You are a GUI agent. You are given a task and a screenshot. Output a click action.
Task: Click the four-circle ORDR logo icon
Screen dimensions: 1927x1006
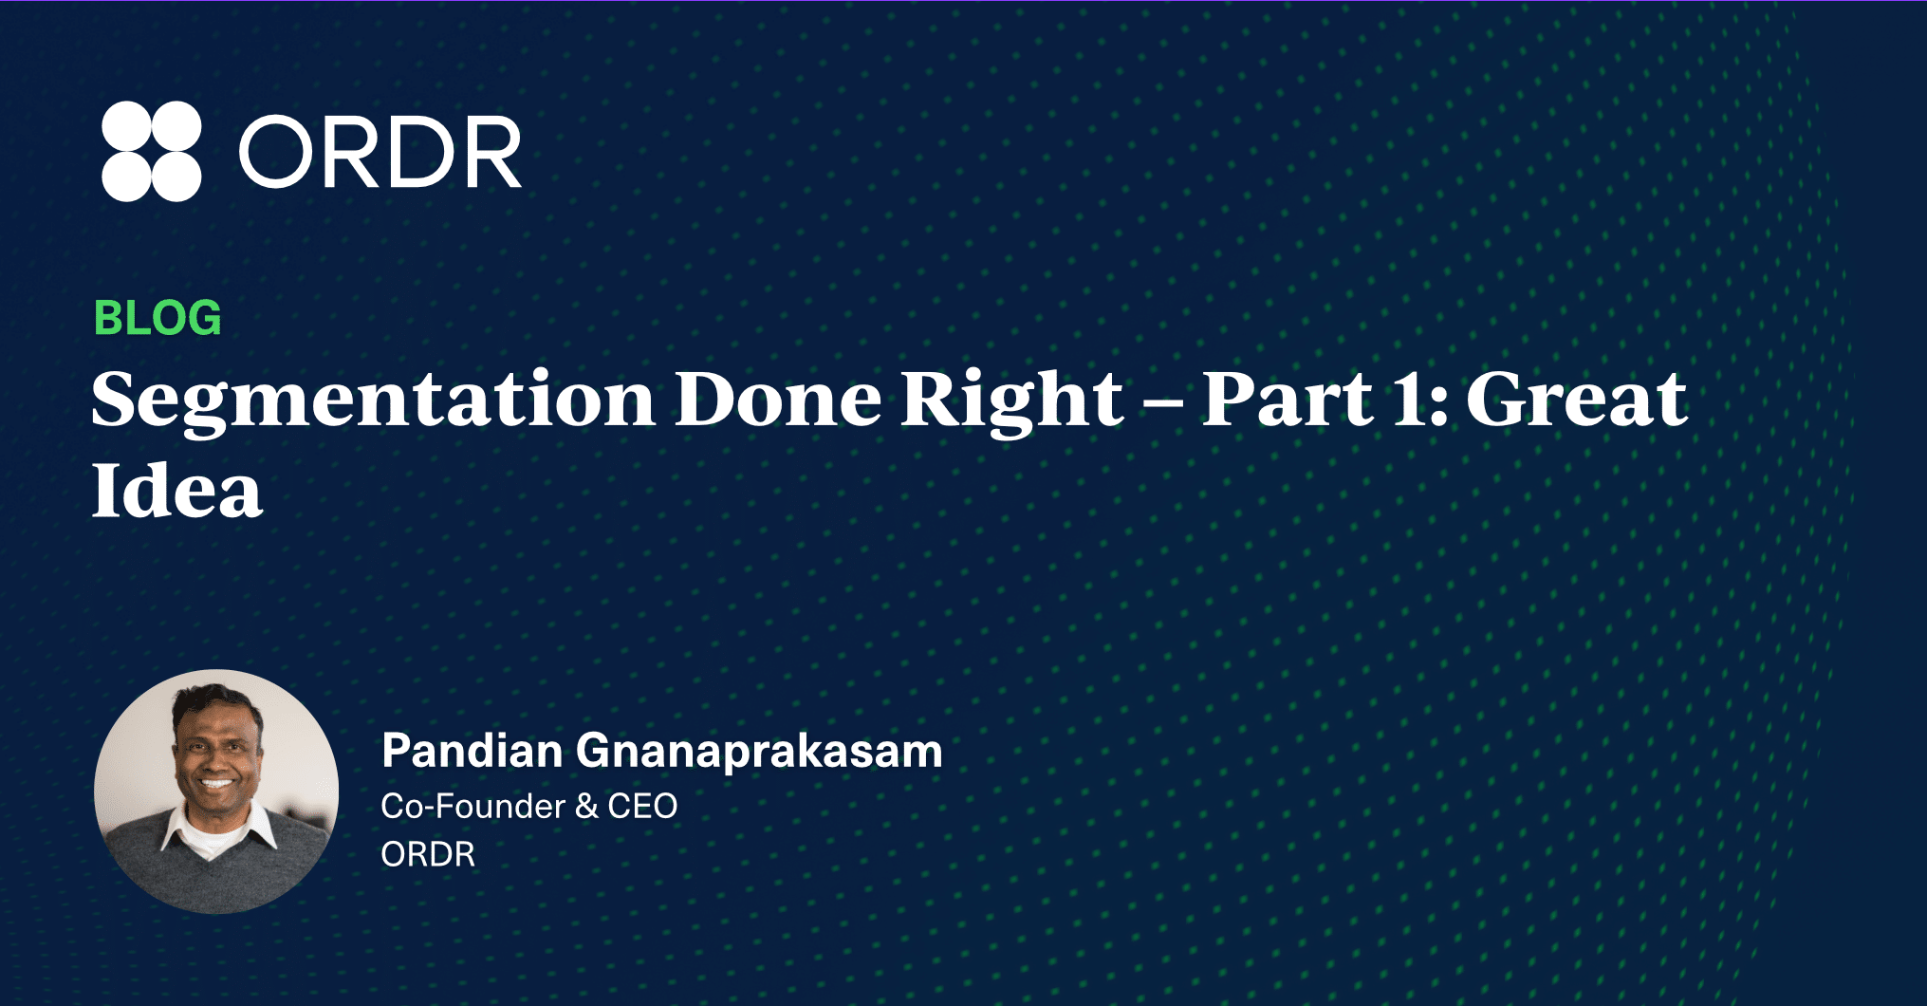[x=152, y=151]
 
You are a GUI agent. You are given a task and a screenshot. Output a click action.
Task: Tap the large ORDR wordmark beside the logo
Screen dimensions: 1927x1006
[x=380, y=152]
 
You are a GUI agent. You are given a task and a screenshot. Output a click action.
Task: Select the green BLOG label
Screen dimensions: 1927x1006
[x=157, y=318]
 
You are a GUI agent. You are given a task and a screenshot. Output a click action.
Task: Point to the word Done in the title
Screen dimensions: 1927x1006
[x=778, y=399]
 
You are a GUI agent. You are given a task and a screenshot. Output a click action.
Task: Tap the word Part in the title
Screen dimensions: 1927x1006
[x=1288, y=399]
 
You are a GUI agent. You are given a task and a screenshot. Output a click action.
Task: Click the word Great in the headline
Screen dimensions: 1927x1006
[x=1577, y=399]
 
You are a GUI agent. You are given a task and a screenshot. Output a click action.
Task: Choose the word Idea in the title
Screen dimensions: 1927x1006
[x=176, y=490]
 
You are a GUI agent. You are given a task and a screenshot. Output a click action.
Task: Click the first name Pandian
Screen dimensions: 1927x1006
[x=472, y=751]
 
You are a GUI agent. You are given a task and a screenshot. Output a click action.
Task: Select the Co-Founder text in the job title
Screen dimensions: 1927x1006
[x=473, y=806]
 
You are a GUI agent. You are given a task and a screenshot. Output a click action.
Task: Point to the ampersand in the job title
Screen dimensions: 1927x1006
[x=586, y=807]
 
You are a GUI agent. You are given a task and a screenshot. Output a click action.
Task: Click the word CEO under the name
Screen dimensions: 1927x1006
[x=642, y=807]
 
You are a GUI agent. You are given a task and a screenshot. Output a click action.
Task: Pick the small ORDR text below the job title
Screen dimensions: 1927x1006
[x=428, y=854]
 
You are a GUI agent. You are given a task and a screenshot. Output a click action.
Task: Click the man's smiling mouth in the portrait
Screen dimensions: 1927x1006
[x=217, y=784]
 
